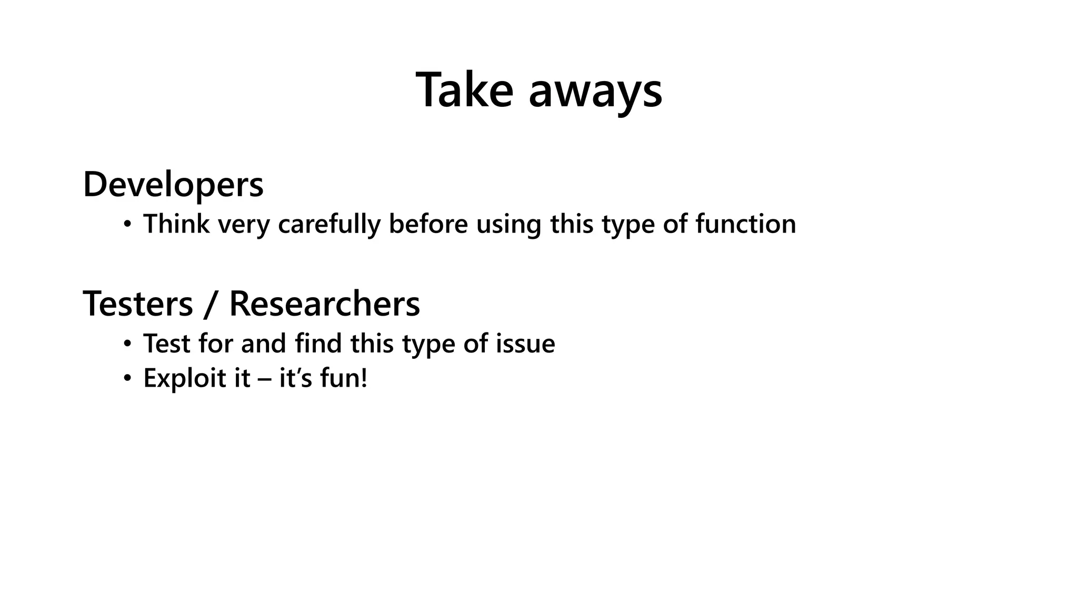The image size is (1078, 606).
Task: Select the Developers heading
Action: [x=173, y=185]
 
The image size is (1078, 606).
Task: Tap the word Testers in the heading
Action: [x=138, y=304]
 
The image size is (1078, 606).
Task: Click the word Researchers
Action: [x=324, y=304]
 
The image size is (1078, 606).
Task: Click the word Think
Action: [x=176, y=224]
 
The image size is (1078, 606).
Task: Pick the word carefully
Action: [x=329, y=225]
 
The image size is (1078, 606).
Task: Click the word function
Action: [x=745, y=224]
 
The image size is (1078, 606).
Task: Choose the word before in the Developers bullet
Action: [x=428, y=224]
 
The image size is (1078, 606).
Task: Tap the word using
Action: [x=508, y=225]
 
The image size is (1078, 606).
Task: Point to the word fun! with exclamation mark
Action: [x=343, y=379]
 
